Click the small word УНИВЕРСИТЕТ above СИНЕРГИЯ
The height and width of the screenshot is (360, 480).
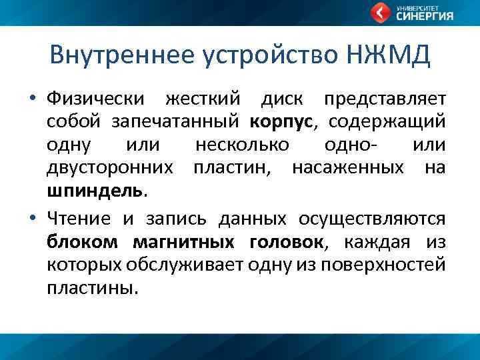416,7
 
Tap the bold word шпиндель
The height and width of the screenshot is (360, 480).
94,191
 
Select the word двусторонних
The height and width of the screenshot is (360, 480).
115,168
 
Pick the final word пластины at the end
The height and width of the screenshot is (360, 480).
92,287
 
